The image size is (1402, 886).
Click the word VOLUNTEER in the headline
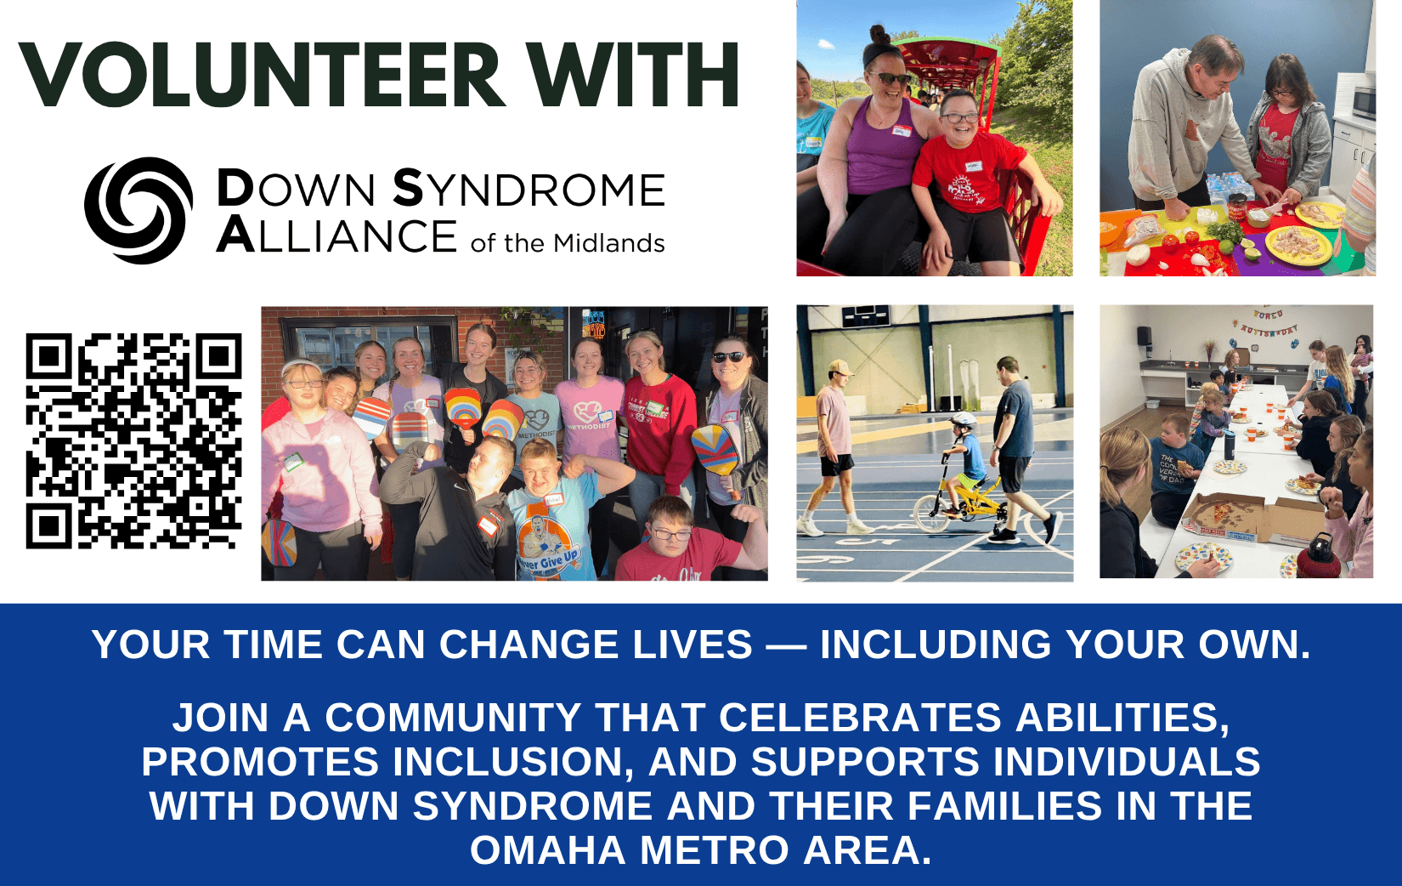(262, 75)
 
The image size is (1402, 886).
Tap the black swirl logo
(139, 210)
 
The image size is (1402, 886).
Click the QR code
(133, 441)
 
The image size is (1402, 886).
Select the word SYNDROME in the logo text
(529, 189)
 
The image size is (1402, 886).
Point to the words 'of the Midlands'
(567, 243)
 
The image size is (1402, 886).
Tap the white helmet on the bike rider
(963, 420)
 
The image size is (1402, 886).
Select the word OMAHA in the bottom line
(547, 850)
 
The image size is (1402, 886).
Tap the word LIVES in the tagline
(693, 645)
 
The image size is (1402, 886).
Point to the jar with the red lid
(1236, 207)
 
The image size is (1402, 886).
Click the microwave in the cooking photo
(1364, 104)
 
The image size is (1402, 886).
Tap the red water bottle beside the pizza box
(1318, 556)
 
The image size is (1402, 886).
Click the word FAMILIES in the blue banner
(1004, 806)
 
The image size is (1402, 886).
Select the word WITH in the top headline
(636, 75)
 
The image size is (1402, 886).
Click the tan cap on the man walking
(840, 367)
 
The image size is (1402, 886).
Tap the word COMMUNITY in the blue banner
(453, 718)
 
